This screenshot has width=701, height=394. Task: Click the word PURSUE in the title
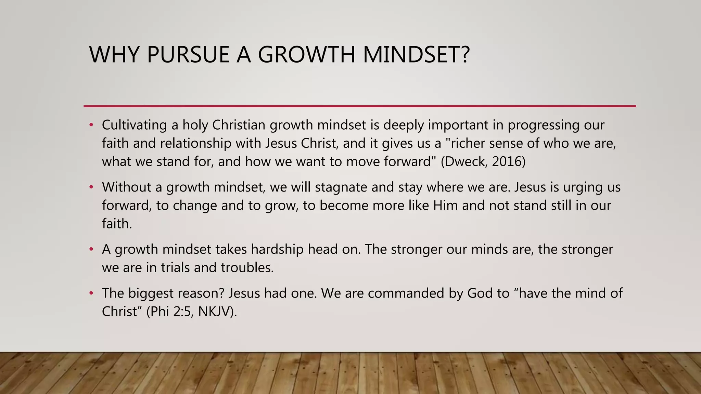[188, 55]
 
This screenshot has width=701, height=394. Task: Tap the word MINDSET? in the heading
[416, 55]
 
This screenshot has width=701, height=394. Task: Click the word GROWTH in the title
[306, 55]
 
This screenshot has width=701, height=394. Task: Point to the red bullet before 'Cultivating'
[91, 125]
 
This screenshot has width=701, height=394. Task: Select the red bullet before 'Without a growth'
[91, 187]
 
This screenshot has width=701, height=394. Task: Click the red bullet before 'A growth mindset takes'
[91, 249]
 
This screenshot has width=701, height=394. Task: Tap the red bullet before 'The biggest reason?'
[91, 293]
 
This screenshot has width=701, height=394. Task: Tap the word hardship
[277, 249]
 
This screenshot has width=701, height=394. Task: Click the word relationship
[195, 143]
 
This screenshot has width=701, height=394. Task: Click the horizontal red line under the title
[359, 106]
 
